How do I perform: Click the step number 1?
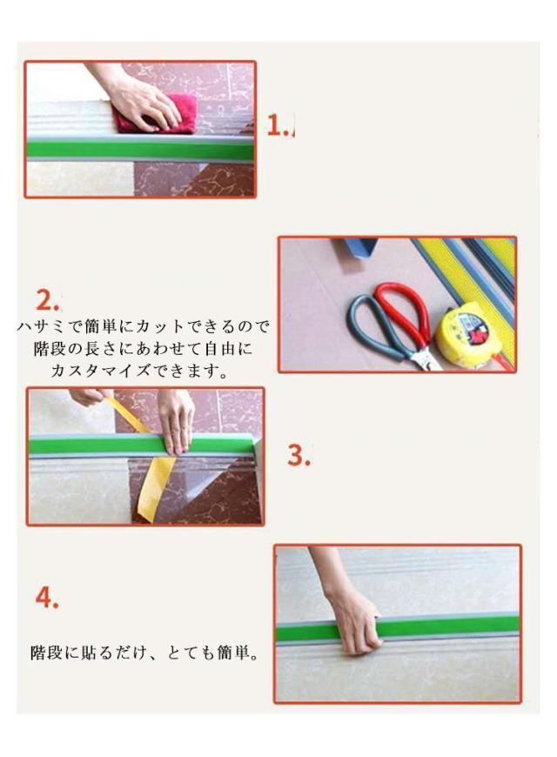[277, 125]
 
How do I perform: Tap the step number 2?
[47, 300]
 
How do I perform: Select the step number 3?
[299, 455]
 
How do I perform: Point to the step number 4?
[47, 598]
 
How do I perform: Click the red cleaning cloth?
[155, 113]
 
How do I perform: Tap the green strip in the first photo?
[140, 149]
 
